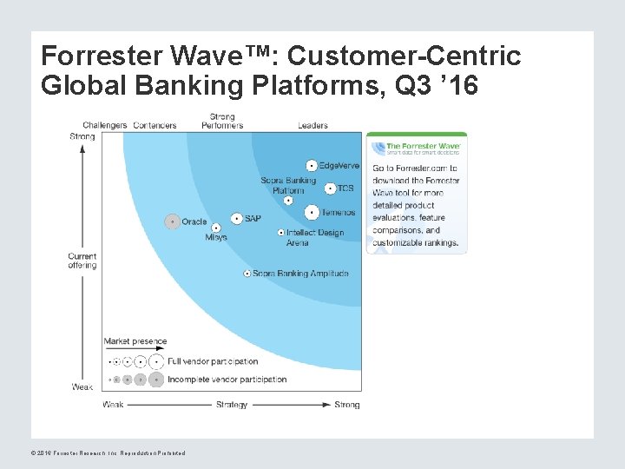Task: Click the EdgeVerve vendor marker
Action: click(x=312, y=165)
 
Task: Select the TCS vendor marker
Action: click(x=330, y=188)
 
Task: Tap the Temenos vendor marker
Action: click(x=312, y=211)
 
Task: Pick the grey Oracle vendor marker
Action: click(x=172, y=221)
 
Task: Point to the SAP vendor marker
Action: click(x=236, y=219)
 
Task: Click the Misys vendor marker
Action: click(x=216, y=228)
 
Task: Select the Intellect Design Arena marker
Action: click(x=280, y=233)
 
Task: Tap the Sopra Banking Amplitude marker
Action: click(x=247, y=274)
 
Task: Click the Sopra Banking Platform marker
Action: click(x=288, y=200)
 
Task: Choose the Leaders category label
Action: click(x=312, y=125)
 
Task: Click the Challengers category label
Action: click(x=105, y=125)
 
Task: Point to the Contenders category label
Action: click(x=155, y=125)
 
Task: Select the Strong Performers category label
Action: click(x=222, y=121)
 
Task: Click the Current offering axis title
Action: click(x=82, y=261)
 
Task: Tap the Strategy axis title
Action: click(x=232, y=405)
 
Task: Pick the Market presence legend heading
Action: click(x=135, y=341)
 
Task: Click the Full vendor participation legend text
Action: click(x=213, y=361)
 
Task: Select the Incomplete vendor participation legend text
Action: click(x=227, y=380)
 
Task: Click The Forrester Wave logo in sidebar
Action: click(x=417, y=148)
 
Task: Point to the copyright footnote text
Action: click(x=108, y=452)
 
